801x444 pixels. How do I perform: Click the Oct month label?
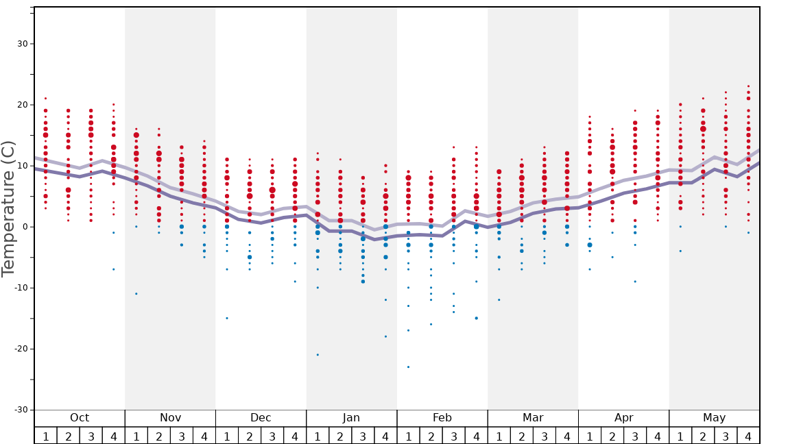[x=80, y=418]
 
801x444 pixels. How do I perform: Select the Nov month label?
[x=170, y=418]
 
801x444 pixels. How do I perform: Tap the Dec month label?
[x=261, y=418]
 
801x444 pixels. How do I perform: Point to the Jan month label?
[x=351, y=418]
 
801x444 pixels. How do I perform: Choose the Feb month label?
[x=442, y=418]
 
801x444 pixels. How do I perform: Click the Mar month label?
[x=533, y=418]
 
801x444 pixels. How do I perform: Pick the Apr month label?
[x=623, y=418]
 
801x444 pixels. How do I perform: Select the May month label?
[x=714, y=418]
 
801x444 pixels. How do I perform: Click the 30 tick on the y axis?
[x=21, y=44]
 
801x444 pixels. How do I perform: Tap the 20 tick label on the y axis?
[x=21, y=105]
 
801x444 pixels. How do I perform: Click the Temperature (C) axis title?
[x=8, y=208]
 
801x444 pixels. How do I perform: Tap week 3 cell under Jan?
[x=363, y=436]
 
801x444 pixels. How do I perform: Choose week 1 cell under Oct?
[x=46, y=436]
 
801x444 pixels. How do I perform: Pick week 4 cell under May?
[x=748, y=436]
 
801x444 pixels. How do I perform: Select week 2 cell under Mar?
[x=522, y=436]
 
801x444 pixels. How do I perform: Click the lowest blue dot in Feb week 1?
[x=408, y=367]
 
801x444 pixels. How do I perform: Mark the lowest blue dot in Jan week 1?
[x=318, y=355]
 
